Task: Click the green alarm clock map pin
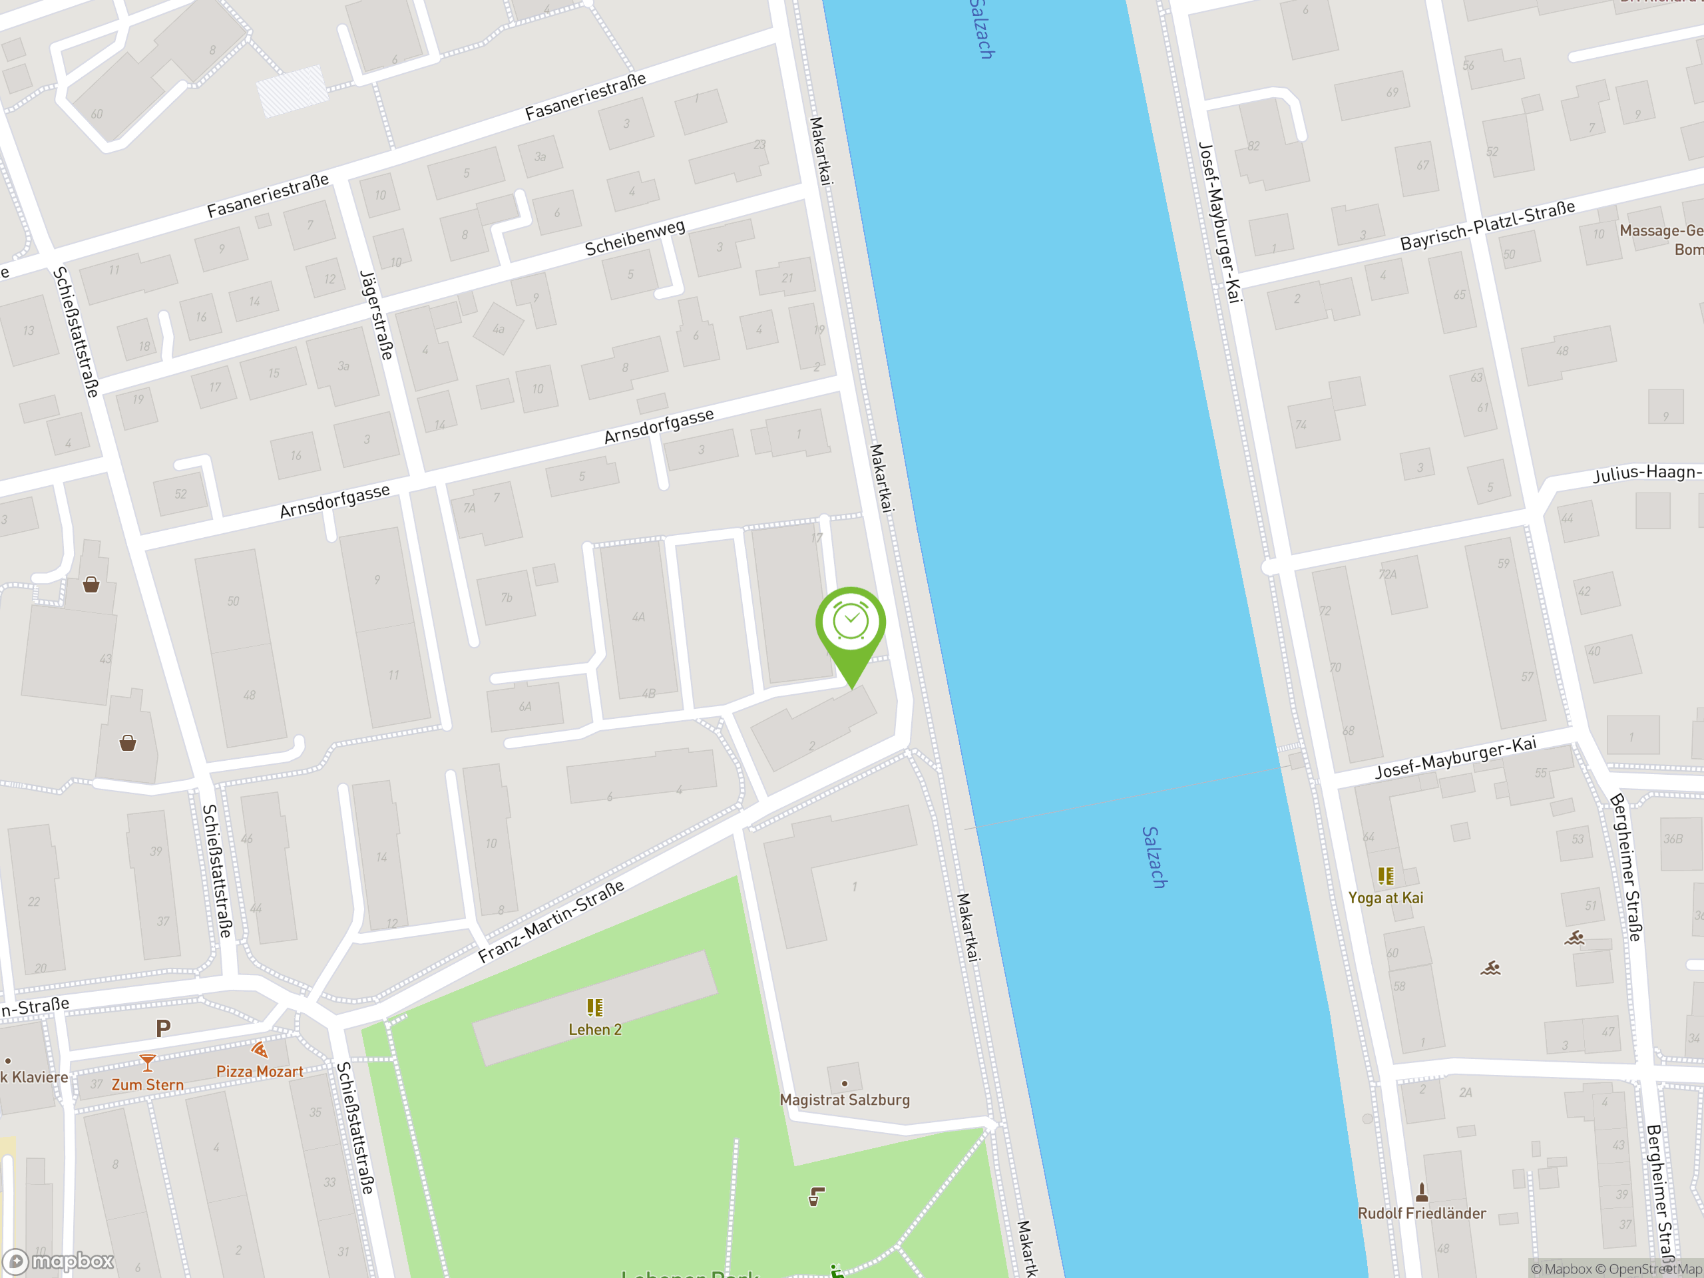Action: coord(851,626)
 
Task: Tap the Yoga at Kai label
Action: coord(1385,897)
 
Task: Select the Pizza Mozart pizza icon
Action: coord(260,1050)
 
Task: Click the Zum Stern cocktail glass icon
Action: coord(147,1063)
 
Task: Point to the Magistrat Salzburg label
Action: coord(844,1100)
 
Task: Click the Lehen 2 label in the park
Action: coord(594,1029)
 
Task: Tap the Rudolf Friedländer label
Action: coord(1421,1213)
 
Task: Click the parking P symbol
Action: coord(162,1028)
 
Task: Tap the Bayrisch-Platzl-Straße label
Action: coord(1487,226)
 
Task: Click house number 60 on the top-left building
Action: coord(97,114)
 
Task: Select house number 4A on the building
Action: coord(638,616)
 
